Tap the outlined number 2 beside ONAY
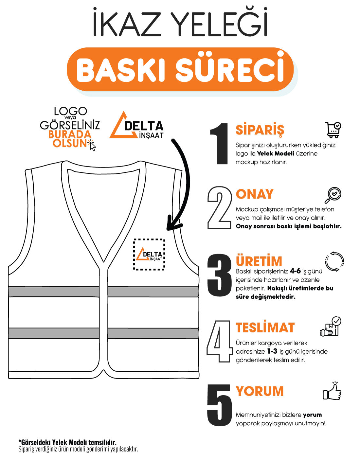(x=219, y=207)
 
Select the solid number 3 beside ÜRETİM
(x=219, y=275)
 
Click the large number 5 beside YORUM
(x=219, y=405)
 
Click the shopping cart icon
(x=333, y=130)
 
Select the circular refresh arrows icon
(x=334, y=261)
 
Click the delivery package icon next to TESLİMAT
(x=331, y=327)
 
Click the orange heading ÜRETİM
(x=259, y=261)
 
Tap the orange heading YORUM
(x=260, y=391)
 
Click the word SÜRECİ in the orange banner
(x=229, y=70)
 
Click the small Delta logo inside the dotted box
(x=149, y=255)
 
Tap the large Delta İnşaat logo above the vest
(x=136, y=126)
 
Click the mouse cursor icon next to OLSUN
(x=92, y=146)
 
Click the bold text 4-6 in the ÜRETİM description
(x=295, y=271)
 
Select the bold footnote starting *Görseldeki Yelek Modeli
(x=67, y=442)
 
